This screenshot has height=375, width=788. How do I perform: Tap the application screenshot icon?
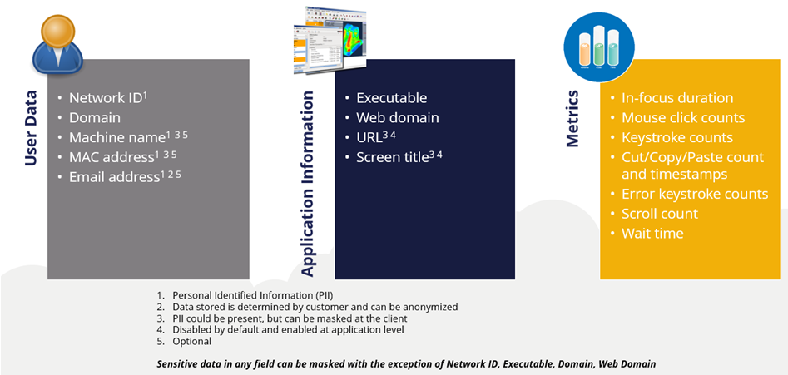330,39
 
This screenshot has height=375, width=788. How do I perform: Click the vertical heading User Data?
31,129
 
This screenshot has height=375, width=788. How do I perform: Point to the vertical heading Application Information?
308,184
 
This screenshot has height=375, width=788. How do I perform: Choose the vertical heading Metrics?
572,120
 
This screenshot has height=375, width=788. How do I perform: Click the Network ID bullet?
107,97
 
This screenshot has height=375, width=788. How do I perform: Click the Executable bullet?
391,98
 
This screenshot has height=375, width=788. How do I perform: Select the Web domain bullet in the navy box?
397,118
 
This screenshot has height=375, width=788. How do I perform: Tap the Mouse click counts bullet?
683,118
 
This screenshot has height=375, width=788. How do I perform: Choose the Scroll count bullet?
660,214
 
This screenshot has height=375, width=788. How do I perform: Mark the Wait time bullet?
652,234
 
